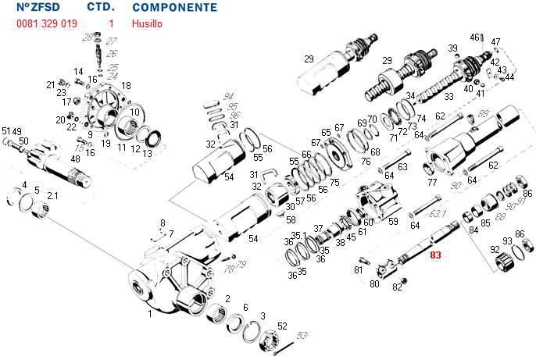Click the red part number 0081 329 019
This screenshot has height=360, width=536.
coord(46,24)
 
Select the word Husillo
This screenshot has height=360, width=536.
coord(148,24)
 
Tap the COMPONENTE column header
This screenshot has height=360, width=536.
coord(174,7)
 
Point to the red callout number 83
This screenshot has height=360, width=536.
coord(435,255)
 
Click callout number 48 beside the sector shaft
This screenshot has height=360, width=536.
coord(75,159)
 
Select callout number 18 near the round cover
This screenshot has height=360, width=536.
coord(127,85)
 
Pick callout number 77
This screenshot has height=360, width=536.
coord(431,183)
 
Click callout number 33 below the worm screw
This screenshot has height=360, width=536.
coord(448,97)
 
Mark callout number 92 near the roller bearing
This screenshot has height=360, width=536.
coord(494,250)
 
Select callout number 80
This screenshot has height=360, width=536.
coord(374,284)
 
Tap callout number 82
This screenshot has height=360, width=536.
coord(397,287)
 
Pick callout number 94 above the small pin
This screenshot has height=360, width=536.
coord(229,95)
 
